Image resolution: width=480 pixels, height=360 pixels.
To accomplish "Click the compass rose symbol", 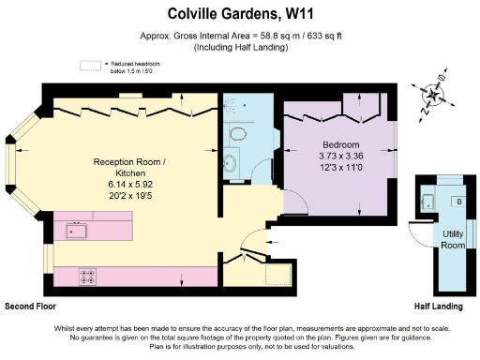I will click(x=434, y=97).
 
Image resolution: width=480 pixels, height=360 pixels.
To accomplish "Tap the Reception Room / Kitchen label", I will click(x=129, y=168).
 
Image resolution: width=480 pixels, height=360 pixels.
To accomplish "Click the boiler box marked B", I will click(x=458, y=201).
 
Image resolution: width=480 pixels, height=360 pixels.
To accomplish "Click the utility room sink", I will click(x=429, y=200).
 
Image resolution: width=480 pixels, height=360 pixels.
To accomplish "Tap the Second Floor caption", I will click(x=32, y=307).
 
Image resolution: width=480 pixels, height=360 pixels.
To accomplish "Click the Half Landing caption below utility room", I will click(x=440, y=307).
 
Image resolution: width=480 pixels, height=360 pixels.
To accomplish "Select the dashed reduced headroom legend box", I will click(x=90, y=66).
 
